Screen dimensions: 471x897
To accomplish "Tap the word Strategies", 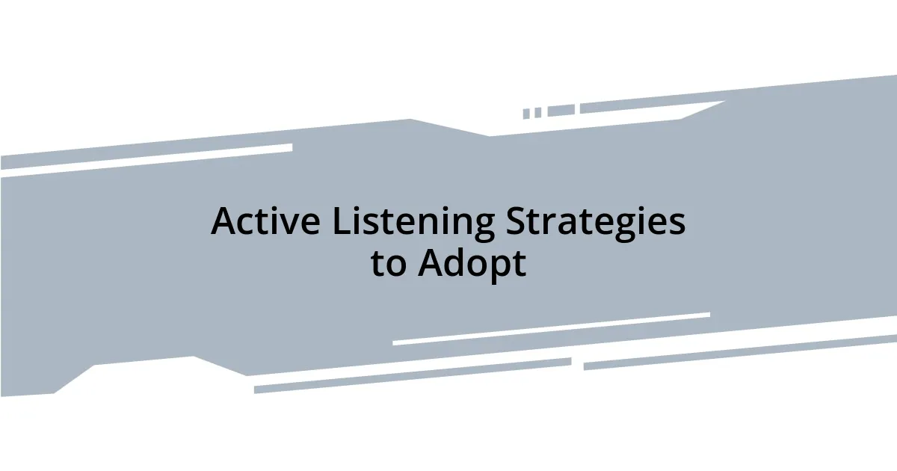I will tap(596, 222).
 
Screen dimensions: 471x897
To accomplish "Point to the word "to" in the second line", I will tap(389, 264).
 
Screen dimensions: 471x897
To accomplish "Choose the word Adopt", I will tap(472, 264).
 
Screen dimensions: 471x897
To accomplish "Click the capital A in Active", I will tap(224, 222).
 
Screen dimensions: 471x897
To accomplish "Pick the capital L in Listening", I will tap(341, 222).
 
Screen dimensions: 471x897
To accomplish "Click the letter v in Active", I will tap(292, 224).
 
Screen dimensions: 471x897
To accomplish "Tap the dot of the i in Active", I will tap(277, 209).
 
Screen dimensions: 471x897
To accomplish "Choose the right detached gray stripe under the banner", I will tap(740, 351).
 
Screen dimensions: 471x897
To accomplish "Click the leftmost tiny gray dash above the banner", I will tap(526, 114).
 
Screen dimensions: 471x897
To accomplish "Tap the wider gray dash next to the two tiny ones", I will tap(561, 110).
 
